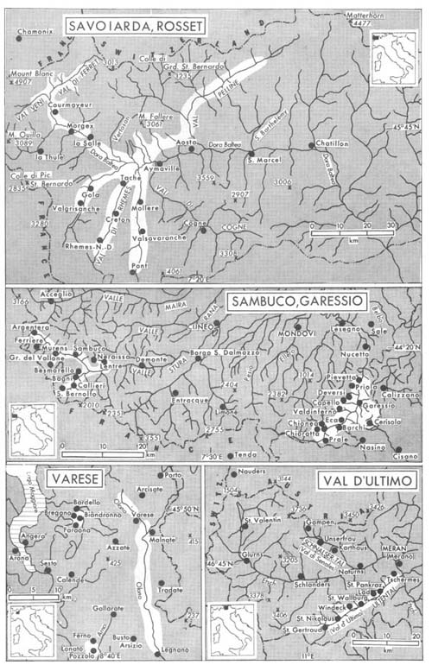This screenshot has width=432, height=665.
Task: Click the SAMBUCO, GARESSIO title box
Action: click(x=320, y=301)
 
